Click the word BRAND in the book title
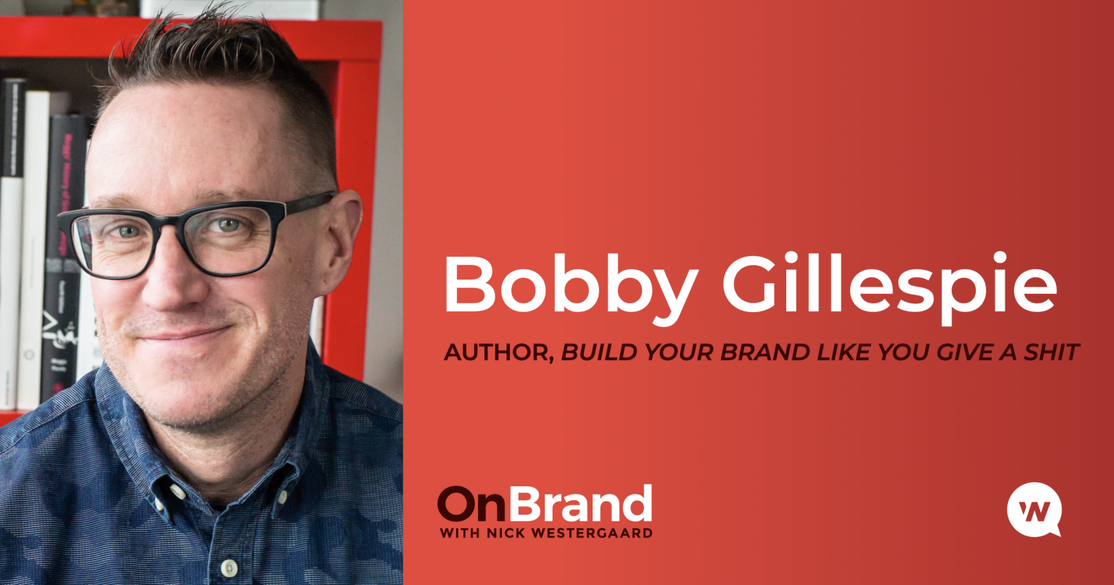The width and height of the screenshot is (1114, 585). (766, 353)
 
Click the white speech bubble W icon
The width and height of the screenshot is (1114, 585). (1034, 510)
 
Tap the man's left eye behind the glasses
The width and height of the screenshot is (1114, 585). (228, 225)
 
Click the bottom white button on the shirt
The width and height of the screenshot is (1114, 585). (228, 567)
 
